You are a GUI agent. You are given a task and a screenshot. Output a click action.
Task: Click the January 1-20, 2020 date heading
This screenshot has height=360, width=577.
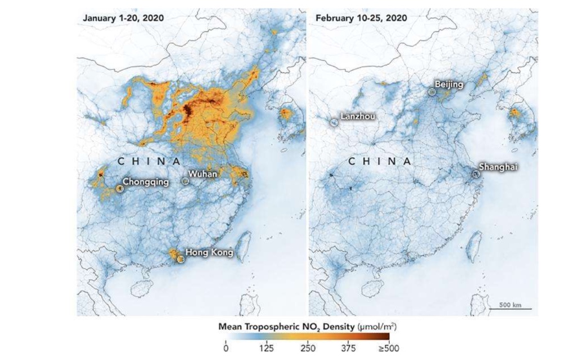point(123,18)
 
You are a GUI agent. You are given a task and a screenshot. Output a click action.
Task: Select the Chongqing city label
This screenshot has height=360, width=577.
point(146,183)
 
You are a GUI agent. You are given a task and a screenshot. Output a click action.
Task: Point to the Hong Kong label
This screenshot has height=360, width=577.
point(209,252)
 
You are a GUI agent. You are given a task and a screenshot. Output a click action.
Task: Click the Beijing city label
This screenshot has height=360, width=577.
point(449,85)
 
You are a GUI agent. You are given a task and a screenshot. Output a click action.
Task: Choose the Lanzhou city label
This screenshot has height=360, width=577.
point(359,117)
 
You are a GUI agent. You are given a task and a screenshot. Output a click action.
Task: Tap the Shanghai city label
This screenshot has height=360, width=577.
point(498,167)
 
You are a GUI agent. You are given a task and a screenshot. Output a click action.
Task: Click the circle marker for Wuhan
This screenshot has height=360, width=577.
point(185,181)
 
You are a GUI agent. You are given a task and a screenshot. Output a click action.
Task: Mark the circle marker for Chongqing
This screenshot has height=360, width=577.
point(119,189)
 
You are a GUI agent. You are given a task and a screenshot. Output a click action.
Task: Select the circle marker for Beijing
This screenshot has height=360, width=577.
point(432,91)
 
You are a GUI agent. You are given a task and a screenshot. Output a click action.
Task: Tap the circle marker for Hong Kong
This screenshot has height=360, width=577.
point(180,259)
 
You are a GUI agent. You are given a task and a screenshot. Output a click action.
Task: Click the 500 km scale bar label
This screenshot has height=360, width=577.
point(511,305)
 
